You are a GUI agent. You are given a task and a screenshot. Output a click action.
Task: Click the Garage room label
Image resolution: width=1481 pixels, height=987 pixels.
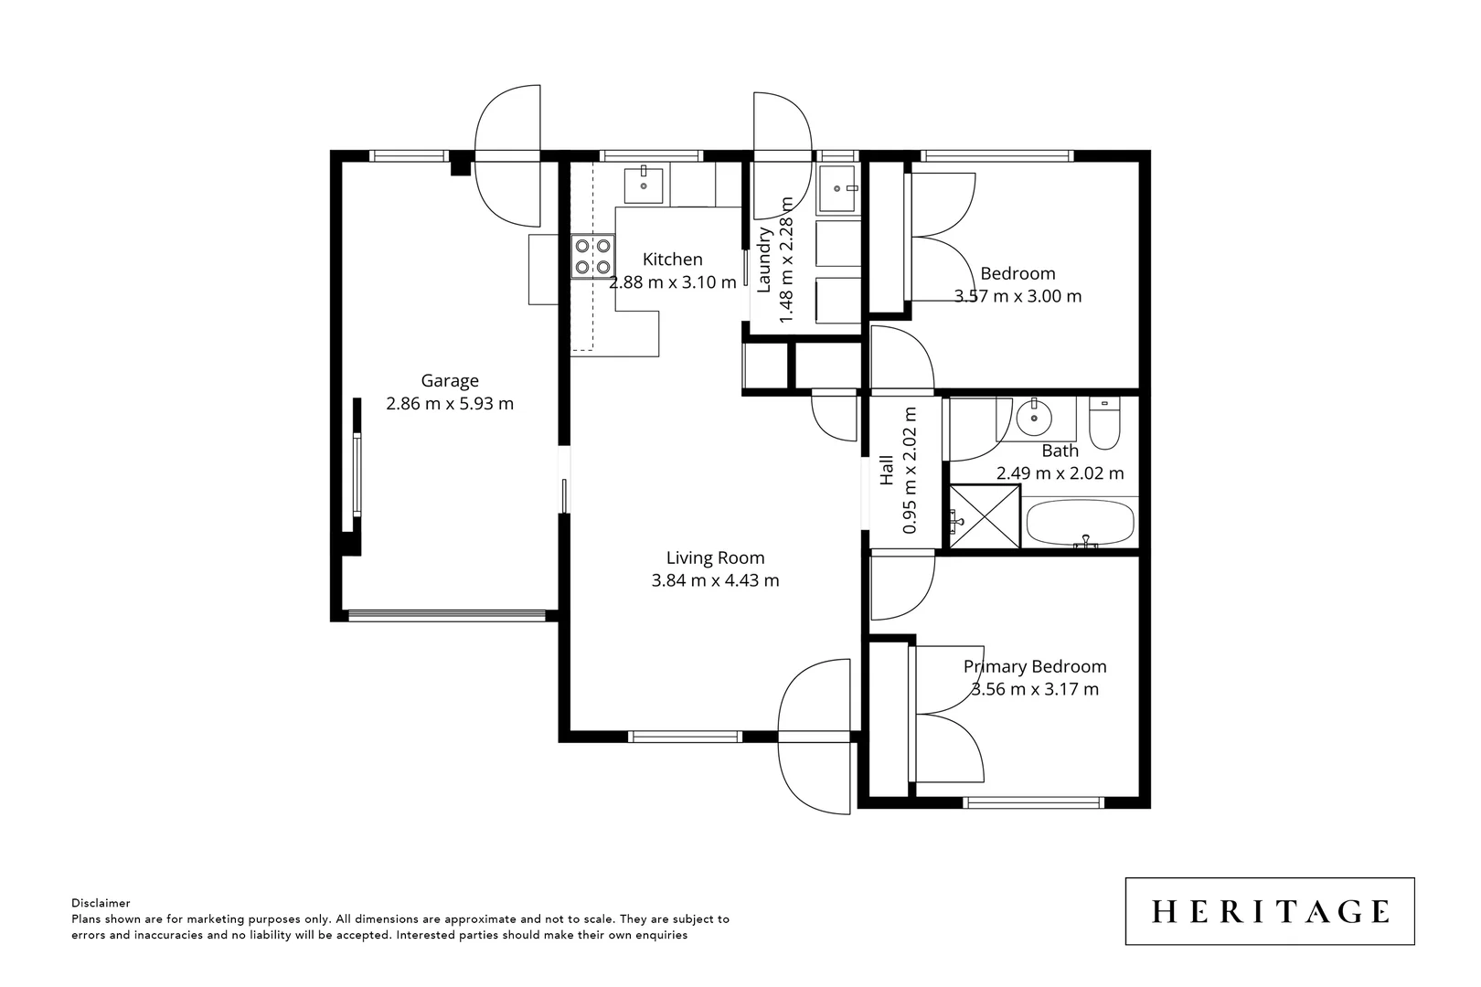449,381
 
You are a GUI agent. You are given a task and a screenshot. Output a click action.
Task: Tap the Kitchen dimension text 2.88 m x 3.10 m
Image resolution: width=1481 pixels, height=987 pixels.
672,282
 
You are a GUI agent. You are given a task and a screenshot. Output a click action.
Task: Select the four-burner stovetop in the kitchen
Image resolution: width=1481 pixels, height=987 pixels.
592,256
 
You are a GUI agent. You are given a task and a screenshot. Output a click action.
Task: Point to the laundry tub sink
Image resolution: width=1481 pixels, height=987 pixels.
836,189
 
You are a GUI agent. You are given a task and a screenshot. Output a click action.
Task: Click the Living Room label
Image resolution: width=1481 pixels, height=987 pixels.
715,557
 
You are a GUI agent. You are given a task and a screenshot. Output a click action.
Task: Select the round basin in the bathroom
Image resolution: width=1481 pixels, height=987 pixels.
1035,419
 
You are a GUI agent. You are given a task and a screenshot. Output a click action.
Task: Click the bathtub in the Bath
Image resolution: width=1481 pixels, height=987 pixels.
1081,524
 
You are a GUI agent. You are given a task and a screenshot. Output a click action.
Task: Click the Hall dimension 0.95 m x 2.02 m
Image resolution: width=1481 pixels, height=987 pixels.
911,471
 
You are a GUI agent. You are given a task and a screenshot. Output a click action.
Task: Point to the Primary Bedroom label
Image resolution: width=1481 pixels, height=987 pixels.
1035,667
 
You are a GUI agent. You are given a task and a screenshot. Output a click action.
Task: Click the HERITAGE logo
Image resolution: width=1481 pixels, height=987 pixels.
1270,911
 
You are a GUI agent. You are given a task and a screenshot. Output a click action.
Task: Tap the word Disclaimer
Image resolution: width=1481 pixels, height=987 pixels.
101,903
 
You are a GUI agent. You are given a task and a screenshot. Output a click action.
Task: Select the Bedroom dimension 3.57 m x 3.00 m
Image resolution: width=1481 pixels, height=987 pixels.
1018,296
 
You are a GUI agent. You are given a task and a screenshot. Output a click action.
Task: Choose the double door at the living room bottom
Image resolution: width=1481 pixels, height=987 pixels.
815,736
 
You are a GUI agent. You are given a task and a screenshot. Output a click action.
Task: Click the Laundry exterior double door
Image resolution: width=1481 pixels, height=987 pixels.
783,155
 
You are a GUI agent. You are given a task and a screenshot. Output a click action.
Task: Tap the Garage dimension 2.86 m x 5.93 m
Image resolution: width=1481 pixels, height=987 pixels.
450,404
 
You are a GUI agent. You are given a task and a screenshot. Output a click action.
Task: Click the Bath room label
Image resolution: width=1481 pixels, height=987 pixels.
1060,451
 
